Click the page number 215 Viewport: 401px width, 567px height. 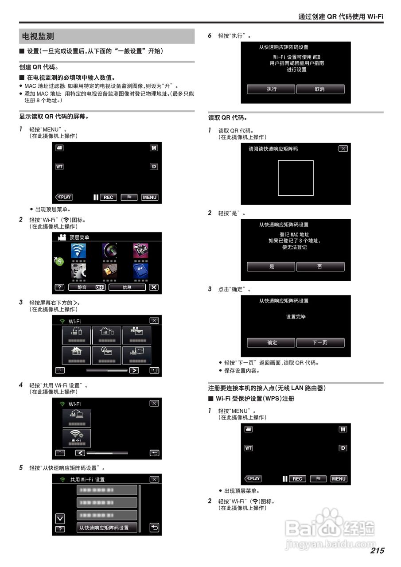click(377, 551)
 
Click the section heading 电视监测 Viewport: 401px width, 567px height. click(38, 36)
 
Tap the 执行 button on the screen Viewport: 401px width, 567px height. click(271, 89)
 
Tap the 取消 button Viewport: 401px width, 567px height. click(320, 89)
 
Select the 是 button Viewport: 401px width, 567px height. click(271, 266)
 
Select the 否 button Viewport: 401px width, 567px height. click(320, 266)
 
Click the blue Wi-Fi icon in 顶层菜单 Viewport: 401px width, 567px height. click(78, 251)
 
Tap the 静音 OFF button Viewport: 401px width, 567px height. click(87, 287)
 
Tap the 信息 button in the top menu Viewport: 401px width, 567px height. click(127, 287)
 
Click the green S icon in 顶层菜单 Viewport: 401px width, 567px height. click(59, 261)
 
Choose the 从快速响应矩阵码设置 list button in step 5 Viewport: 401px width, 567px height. click(106, 528)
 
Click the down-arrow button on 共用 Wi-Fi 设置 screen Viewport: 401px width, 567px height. click(60, 518)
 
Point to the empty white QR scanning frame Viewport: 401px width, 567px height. click(296, 178)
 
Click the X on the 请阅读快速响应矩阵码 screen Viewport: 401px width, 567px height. click(343, 149)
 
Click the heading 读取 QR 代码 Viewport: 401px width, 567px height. click(228, 118)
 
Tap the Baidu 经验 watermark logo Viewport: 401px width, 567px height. click(330, 527)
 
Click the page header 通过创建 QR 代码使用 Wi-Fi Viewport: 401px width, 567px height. click(340, 16)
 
